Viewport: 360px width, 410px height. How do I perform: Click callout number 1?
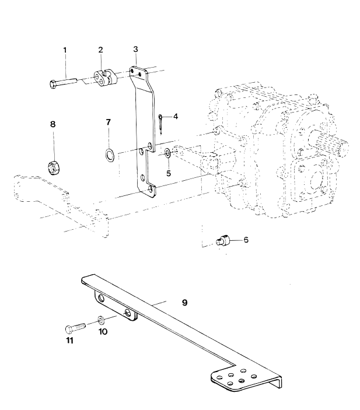click(65, 51)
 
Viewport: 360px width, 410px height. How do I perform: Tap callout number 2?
click(100, 51)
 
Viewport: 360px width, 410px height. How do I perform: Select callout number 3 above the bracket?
click(135, 49)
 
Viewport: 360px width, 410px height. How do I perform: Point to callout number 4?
click(175, 116)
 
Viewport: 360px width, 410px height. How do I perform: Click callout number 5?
click(168, 173)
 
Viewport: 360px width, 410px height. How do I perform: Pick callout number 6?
click(246, 239)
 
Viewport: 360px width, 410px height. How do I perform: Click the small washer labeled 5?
click(167, 153)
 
